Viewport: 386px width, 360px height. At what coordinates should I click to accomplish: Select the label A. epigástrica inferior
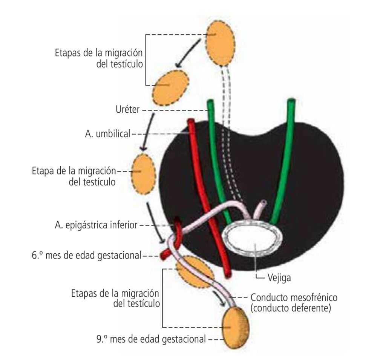click(96, 225)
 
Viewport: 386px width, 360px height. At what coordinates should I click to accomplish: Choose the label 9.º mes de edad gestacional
click(151, 339)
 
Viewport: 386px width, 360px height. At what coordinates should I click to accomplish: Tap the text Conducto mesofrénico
click(294, 298)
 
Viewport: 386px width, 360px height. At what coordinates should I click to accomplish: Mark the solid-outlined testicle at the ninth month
click(236, 327)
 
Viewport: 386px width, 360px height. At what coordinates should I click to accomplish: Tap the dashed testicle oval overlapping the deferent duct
click(193, 270)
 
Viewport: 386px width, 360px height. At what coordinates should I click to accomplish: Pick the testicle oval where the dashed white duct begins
click(220, 43)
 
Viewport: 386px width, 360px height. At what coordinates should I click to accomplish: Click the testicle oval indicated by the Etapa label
click(142, 173)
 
